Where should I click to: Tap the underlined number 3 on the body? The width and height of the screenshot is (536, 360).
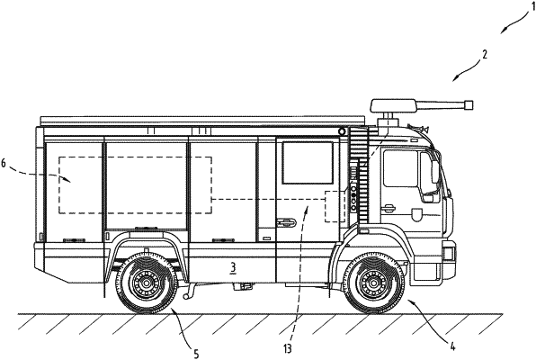point(232,267)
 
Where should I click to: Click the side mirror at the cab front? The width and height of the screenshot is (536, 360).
point(438,171)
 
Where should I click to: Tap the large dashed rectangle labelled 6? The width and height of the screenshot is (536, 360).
point(135,184)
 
